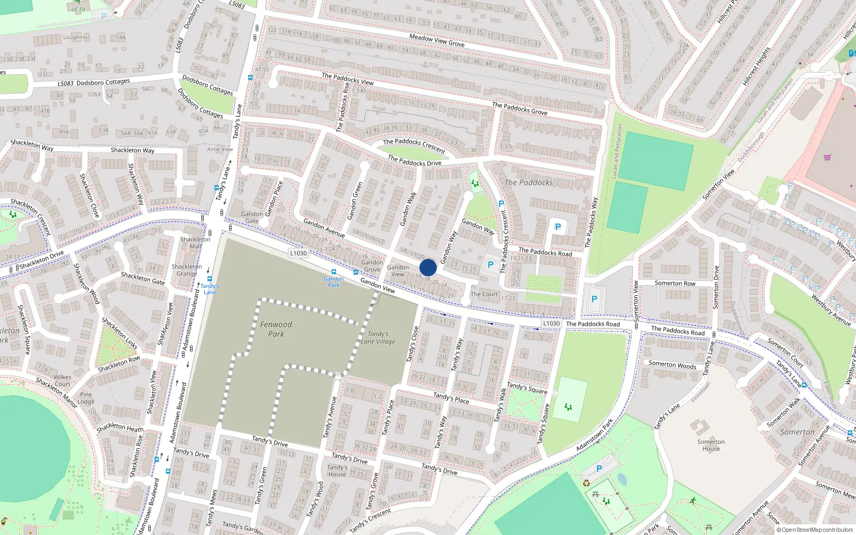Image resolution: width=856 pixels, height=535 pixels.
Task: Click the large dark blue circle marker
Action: coord(428,267)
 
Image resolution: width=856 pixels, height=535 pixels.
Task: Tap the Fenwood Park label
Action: coord(276,329)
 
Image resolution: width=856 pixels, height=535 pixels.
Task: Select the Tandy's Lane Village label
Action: coord(378,338)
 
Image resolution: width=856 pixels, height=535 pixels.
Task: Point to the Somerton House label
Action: coord(711,445)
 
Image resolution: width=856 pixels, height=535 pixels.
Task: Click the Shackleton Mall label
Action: coord(195,243)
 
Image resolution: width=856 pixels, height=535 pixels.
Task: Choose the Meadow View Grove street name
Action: coord(437,40)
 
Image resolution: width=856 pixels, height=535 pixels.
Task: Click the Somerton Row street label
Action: coord(675,284)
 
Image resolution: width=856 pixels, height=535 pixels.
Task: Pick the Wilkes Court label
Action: coord(63,380)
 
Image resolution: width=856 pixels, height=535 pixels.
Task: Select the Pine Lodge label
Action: coord(86,398)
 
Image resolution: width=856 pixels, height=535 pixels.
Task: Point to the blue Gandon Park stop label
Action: coord(333,281)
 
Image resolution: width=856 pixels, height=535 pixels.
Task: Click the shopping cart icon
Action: coord(828,158)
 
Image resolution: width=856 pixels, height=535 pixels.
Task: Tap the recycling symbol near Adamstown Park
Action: coord(587,483)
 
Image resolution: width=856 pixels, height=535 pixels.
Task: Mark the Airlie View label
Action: coord(220,150)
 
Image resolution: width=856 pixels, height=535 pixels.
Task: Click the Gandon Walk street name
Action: coord(408,209)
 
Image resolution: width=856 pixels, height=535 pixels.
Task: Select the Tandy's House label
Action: coord(337,470)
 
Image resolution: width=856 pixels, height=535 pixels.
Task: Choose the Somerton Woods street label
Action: coord(672,365)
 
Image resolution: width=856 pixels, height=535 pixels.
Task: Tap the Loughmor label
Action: coord(76,37)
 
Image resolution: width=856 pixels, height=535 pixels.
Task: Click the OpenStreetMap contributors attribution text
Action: coord(815,530)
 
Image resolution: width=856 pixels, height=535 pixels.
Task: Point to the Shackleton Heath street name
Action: coord(120,427)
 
